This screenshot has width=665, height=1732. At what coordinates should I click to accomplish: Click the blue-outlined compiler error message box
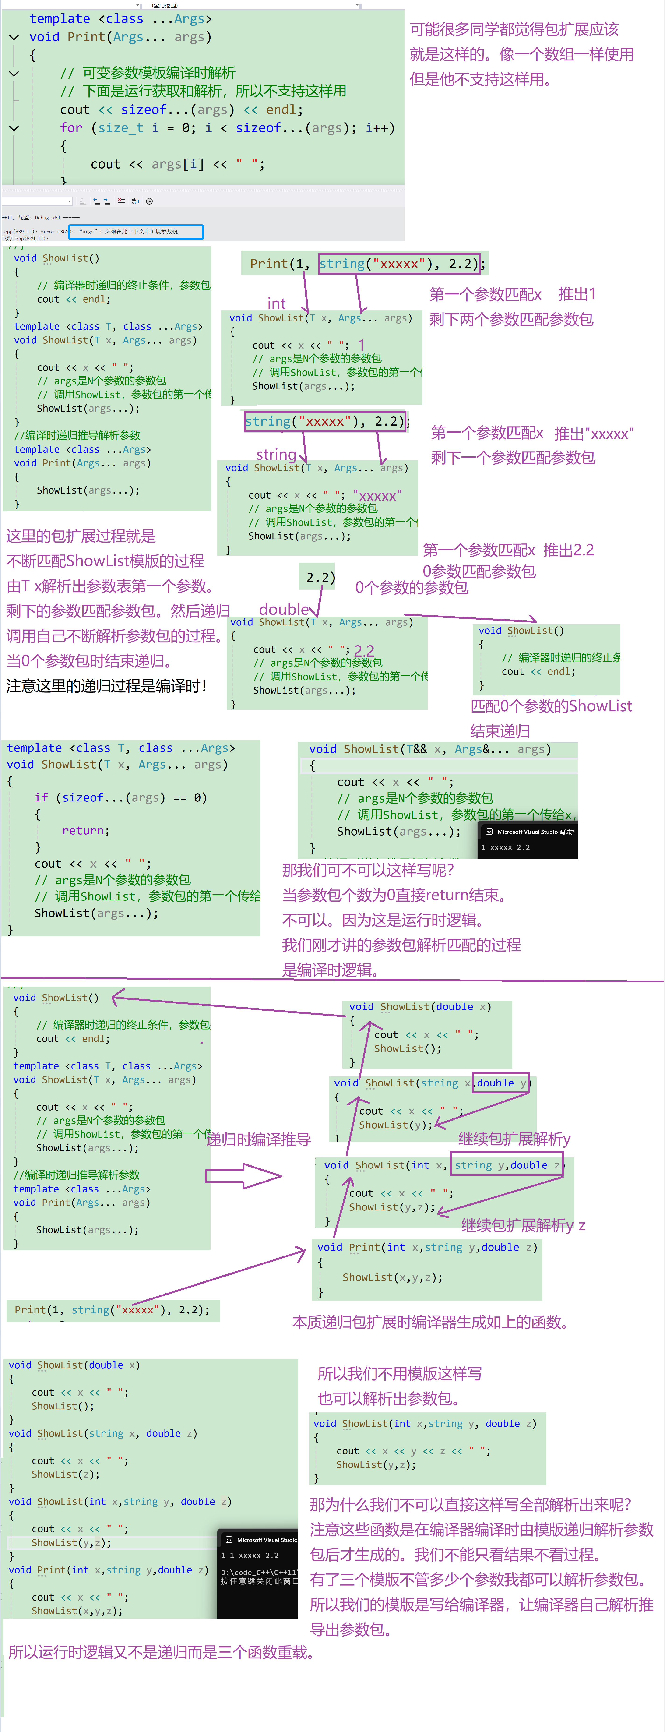click(x=136, y=231)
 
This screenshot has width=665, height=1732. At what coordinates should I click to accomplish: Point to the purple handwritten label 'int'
click(x=276, y=303)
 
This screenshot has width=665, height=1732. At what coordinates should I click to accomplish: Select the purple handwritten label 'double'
click(x=284, y=609)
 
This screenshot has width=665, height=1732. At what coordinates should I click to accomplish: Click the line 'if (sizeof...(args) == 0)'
click(x=121, y=797)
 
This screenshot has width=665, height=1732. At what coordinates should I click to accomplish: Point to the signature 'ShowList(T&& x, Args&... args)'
click(x=430, y=749)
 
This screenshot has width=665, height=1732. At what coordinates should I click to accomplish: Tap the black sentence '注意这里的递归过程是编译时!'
click(x=106, y=686)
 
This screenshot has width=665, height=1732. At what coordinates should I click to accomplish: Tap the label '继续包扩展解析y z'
click(x=523, y=1225)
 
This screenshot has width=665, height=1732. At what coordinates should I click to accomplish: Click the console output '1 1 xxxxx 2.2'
click(x=250, y=1555)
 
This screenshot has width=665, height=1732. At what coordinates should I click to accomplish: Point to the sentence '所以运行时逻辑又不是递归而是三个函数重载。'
click(x=161, y=1652)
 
